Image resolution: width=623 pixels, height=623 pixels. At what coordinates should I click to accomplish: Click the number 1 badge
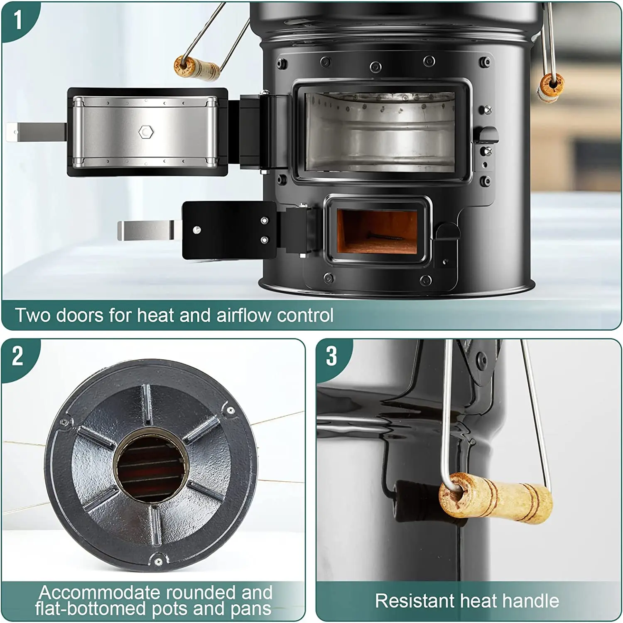(17, 20)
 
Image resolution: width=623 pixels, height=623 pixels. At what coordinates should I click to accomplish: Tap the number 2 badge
(17, 356)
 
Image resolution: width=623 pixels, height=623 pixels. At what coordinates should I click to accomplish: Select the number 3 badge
(331, 356)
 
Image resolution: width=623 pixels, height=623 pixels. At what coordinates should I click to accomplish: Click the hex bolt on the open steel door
(146, 132)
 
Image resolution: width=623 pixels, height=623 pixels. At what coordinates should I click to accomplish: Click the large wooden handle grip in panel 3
(496, 498)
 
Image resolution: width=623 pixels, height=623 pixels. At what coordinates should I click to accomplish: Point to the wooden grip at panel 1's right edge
(551, 86)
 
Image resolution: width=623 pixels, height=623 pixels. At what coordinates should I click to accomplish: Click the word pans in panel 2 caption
(251, 608)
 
